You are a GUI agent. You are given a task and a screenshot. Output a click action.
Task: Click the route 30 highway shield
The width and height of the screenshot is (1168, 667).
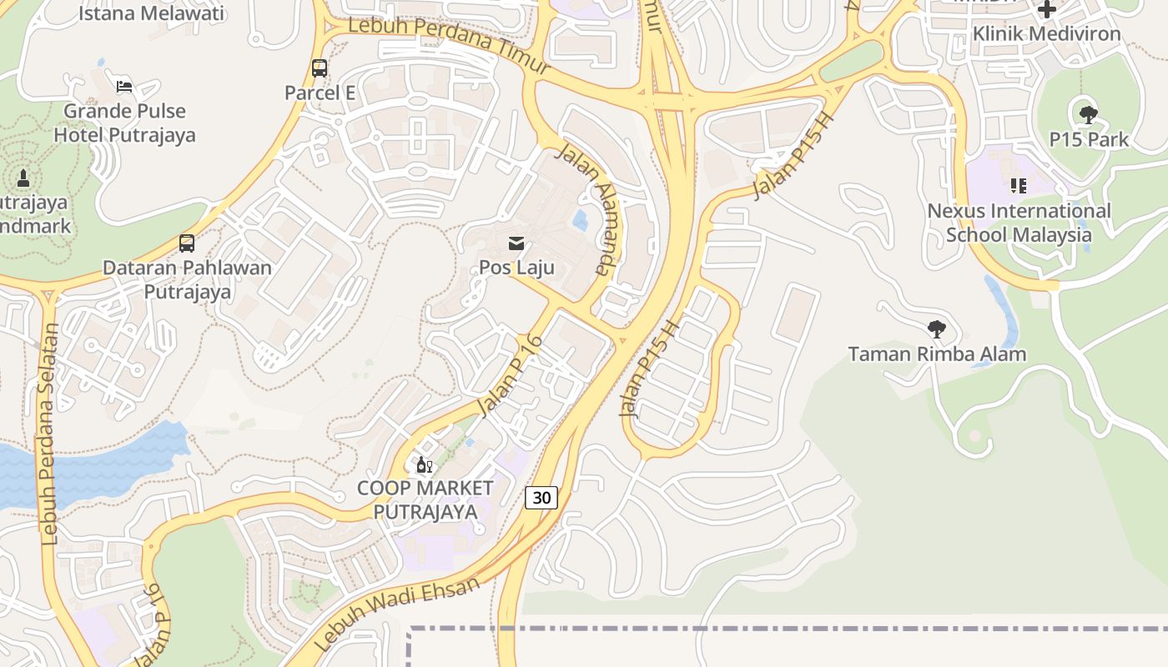tap(541, 498)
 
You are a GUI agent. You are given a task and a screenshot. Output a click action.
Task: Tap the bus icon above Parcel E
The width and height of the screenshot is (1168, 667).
tap(319, 68)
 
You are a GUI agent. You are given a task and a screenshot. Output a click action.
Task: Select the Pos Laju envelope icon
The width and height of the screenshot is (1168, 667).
tap(516, 243)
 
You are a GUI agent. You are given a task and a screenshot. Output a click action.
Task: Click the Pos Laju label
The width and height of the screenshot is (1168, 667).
tap(516, 268)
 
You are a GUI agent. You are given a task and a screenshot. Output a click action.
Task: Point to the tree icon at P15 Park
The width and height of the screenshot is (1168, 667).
tap(1088, 115)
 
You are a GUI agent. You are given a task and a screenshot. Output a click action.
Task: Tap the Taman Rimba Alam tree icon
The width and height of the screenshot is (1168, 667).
tap(937, 329)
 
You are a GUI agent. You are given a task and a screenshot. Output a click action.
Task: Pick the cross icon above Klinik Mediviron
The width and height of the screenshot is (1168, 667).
tap(1047, 10)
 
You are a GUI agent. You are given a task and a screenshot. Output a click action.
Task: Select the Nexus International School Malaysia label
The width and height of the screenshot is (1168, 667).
tap(1019, 223)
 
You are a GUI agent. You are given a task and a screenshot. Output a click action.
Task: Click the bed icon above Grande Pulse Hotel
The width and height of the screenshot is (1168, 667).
tap(123, 86)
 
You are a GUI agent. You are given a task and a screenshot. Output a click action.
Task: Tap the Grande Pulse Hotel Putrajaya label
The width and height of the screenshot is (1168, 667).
tap(125, 123)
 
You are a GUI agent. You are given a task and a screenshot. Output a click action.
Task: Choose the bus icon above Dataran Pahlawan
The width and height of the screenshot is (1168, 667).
tap(187, 243)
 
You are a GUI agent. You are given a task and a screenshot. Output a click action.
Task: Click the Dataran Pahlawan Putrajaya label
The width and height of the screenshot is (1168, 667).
tap(187, 280)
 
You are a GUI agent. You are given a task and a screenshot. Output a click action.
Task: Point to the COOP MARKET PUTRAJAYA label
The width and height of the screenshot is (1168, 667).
tap(425, 499)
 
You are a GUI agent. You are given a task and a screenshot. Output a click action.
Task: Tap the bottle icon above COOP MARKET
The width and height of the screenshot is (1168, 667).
tap(425, 464)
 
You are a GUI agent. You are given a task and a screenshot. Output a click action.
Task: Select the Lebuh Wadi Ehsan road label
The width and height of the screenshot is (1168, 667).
tap(399, 613)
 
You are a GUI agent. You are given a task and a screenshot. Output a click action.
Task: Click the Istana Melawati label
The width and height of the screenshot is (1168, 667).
tap(151, 13)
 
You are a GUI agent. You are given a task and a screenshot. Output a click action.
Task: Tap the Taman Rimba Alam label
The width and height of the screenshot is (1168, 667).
tap(937, 354)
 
